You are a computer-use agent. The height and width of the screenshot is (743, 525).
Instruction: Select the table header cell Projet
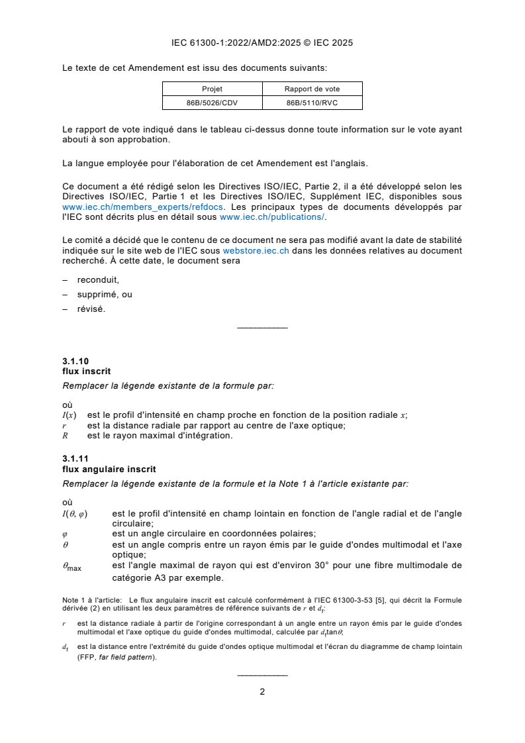[212, 89]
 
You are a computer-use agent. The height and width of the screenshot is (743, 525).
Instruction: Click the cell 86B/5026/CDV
[212, 103]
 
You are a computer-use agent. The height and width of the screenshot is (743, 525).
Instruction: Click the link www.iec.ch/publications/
[272, 217]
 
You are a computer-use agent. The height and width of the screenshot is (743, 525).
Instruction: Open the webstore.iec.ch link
[256, 252]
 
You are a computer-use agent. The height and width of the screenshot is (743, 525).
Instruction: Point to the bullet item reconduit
[98, 280]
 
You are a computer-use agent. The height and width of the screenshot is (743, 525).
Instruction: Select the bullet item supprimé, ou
[105, 294]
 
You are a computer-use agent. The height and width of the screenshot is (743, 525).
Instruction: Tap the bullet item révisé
[91, 309]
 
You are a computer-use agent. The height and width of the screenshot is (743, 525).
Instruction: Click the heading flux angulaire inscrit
[109, 470]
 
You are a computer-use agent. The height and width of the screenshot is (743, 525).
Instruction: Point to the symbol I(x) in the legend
[69, 416]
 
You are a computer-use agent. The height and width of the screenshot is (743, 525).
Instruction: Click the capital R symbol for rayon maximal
[65, 436]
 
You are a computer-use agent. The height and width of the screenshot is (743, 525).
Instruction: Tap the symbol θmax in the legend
[72, 567]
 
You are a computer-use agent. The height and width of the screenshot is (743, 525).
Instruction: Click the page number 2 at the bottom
[262, 692]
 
